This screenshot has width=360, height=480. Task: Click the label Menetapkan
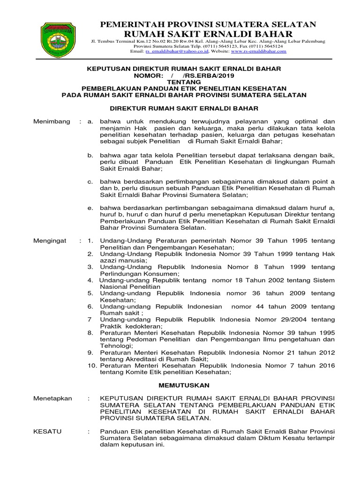52,398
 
